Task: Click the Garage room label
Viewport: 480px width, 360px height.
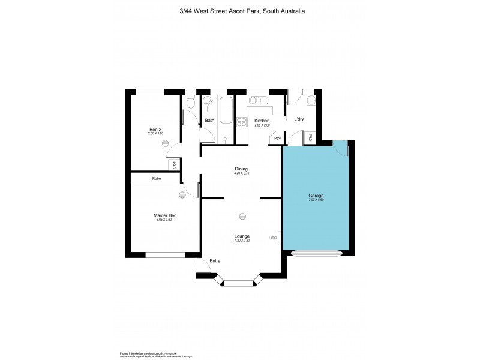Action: [316, 196]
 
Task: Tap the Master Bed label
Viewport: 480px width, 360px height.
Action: [164, 215]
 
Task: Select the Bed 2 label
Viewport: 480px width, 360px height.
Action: [156, 128]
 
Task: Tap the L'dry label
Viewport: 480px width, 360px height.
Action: [299, 119]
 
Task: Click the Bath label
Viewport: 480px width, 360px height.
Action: [209, 121]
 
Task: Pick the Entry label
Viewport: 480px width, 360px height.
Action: [215, 261]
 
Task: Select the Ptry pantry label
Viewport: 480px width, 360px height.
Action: [277, 139]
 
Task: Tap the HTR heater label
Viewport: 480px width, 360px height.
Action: [273, 238]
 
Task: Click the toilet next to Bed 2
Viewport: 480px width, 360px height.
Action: [190, 104]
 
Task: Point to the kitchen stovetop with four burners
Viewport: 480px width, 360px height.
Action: [242, 122]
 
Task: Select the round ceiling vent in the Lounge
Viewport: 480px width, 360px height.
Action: [242, 216]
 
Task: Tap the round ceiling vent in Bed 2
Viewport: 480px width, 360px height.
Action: [172, 151]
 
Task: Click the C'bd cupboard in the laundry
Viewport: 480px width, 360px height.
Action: [310, 137]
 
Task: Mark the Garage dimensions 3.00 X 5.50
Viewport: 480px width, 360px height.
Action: [316, 200]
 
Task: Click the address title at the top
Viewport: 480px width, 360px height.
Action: [240, 10]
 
